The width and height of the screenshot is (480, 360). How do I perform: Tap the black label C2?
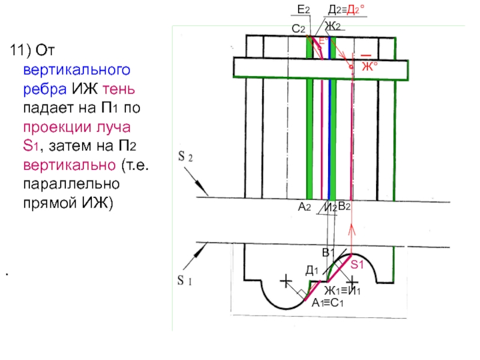(x=299, y=29)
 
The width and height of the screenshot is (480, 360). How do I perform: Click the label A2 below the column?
(x=304, y=206)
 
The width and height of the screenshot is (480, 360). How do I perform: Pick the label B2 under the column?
(x=344, y=206)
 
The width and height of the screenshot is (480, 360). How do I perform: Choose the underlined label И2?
(x=329, y=207)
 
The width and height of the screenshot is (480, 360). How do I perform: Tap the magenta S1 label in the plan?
(x=358, y=264)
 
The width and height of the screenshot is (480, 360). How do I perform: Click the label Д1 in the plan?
(x=312, y=271)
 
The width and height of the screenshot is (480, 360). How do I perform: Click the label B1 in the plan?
(x=328, y=252)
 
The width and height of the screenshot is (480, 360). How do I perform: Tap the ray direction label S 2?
(x=185, y=158)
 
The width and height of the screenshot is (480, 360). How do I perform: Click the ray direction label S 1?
(x=184, y=280)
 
